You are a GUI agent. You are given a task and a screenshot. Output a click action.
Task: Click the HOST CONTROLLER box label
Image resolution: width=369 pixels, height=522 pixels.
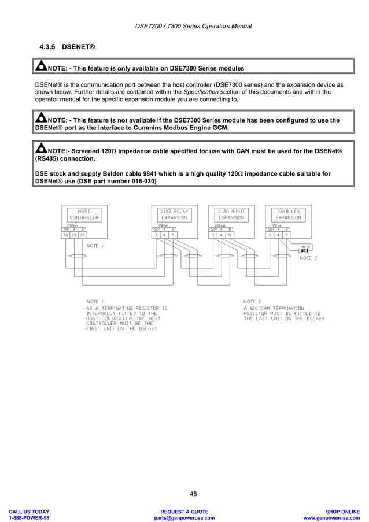84,214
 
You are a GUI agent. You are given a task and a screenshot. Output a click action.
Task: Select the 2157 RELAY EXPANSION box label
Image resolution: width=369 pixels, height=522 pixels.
174,214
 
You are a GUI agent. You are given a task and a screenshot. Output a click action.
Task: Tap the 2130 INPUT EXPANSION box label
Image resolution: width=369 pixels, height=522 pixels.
231,214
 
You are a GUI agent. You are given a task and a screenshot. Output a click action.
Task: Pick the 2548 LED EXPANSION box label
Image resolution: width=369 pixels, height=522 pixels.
288,214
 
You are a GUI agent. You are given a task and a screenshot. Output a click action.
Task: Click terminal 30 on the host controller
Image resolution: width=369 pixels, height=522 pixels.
66,235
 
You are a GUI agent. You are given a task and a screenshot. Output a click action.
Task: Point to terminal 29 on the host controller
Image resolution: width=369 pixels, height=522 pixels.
74,235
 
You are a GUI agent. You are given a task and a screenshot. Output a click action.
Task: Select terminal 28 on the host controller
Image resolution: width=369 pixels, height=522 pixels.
83,235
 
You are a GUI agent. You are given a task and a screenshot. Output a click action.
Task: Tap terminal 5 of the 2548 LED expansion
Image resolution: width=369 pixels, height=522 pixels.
287,235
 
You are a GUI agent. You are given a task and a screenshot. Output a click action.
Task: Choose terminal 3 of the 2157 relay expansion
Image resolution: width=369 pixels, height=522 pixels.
156,235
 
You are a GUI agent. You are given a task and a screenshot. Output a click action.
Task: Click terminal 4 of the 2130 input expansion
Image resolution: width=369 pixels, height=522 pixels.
222,235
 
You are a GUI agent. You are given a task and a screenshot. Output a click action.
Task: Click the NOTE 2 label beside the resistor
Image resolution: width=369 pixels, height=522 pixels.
308,258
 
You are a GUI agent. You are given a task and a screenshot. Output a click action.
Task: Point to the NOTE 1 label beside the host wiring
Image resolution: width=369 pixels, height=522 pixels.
95,246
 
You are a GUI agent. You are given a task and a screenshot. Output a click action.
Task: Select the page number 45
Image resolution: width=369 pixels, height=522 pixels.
193,494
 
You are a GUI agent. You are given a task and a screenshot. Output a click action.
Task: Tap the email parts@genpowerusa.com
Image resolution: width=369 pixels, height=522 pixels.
184,518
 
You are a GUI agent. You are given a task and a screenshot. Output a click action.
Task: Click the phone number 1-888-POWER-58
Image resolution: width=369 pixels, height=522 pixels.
29,518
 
